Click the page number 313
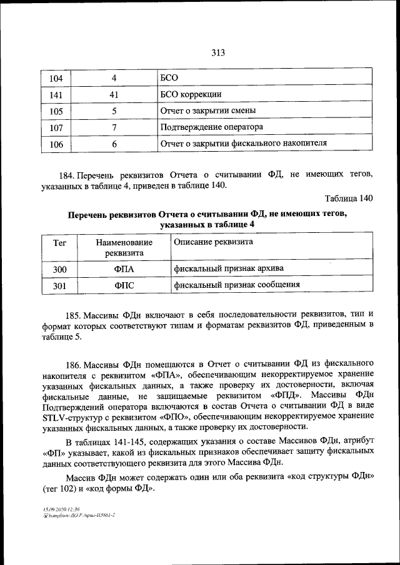217,53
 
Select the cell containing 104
56,79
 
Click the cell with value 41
114,95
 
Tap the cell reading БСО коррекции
191,95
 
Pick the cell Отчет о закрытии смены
210,111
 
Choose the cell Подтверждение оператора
211,127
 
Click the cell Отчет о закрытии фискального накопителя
244,144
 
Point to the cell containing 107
56,127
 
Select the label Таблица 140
349,199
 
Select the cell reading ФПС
124,285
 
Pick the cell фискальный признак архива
229,268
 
